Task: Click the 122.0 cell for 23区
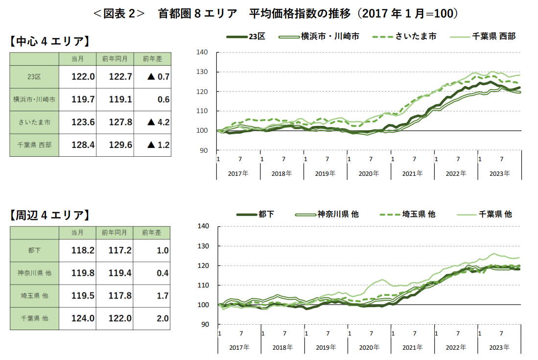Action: click(83, 77)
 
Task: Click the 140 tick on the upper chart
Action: click(202, 52)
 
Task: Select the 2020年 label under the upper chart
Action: click(369, 173)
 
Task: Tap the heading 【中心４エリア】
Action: click(49, 42)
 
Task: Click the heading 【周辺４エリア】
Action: click(49, 215)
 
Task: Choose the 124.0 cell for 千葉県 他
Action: click(83, 318)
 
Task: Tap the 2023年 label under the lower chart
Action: click(500, 347)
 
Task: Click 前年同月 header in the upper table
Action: click(115, 59)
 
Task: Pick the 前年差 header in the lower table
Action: click(152, 232)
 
